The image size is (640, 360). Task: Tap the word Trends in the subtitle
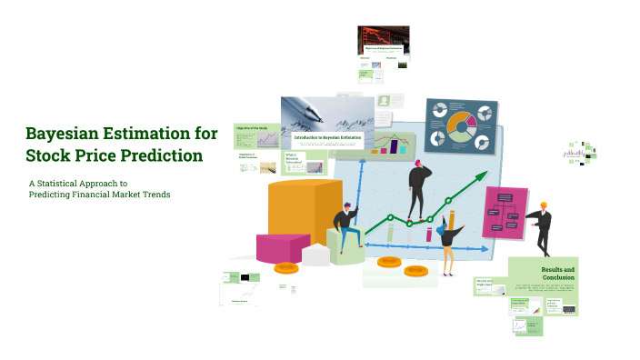[x=154, y=195]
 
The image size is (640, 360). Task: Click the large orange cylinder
[x=292, y=214]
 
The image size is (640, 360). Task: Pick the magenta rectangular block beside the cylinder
[x=281, y=246]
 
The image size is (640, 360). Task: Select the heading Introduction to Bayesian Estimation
[x=327, y=137]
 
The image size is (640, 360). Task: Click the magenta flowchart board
[x=505, y=213]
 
